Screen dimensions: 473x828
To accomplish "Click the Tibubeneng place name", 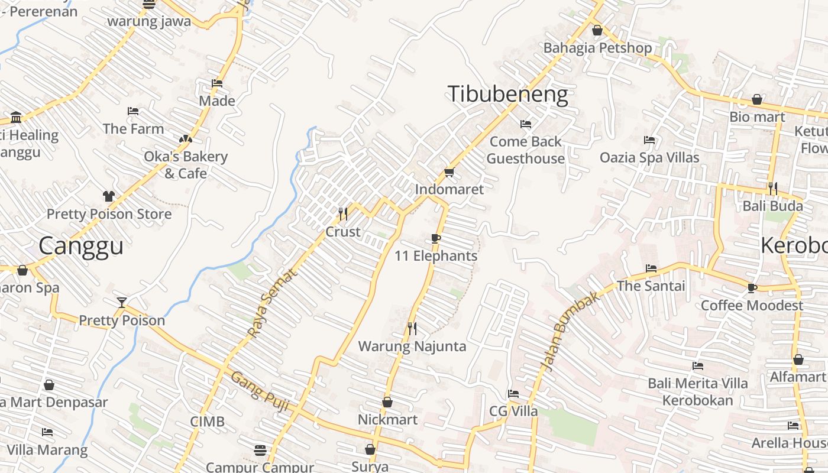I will pos(507,95).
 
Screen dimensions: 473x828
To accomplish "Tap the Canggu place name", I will pos(81,246).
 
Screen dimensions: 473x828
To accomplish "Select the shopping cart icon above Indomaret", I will pos(449,173).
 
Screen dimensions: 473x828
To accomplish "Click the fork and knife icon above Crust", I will pos(342,213).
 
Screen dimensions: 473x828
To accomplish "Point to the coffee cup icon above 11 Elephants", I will pos(436,238).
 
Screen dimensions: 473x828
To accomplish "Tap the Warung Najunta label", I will pos(412,346).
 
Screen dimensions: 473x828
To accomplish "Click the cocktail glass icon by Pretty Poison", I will pos(122,303).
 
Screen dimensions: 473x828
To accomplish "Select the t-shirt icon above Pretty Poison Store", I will pos(108,196).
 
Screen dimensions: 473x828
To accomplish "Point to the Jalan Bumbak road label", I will pos(570,331).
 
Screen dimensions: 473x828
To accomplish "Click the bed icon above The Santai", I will pos(651,268).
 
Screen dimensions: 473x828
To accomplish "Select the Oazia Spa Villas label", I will pos(649,158).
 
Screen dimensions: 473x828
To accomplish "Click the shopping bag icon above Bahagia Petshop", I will pos(597,30).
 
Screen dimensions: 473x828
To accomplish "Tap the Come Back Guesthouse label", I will pos(525,150).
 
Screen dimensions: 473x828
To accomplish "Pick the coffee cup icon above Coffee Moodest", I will pos(752,288).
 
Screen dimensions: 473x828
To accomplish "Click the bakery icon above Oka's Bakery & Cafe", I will pos(185,139).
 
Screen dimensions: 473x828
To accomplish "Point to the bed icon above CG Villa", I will pos(513,394).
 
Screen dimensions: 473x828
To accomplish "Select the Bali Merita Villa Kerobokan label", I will pos(698,391).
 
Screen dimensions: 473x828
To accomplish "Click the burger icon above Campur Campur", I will pos(259,450).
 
